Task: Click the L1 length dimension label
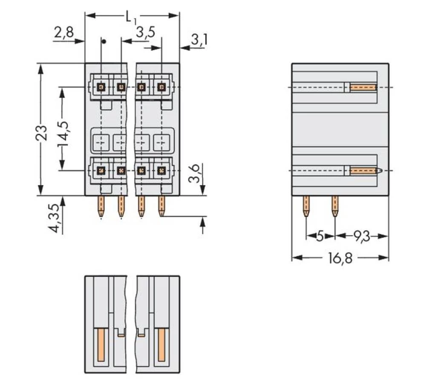pyautogui.click(x=130, y=17)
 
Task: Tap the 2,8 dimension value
pyautogui.click(x=63, y=32)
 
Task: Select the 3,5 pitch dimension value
pyautogui.click(x=145, y=32)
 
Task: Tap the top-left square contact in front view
pyautogui.click(x=101, y=87)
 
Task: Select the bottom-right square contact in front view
pyautogui.click(x=161, y=171)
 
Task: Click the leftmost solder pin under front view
pyautogui.click(x=101, y=206)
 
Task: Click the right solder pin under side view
pyautogui.click(x=335, y=206)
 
